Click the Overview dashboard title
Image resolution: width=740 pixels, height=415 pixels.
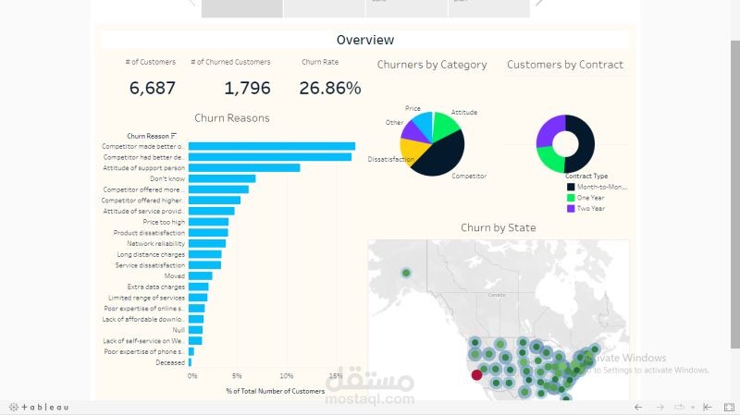click(364, 40)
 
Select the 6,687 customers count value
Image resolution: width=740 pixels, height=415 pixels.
click(152, 89)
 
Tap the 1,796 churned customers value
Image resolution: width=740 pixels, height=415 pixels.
click(247, 89)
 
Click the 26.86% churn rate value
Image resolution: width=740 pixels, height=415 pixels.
click(329, 89)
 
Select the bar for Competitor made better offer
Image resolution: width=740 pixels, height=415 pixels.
click(272, 146)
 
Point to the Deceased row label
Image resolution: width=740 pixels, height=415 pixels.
click(169, 362)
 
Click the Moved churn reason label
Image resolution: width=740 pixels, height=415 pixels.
click(174, 275)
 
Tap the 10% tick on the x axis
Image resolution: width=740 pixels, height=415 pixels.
click(286, 376)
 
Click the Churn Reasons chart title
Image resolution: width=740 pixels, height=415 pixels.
click(231, 118)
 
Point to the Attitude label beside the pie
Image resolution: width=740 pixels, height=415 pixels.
click(463, 112)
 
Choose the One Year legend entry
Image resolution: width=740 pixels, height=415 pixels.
click(590, 197)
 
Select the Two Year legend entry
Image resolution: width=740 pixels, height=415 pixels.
click(590, 208)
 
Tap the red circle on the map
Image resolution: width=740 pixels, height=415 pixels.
click(476, 374)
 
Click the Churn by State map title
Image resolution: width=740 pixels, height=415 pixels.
click(498, 227)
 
